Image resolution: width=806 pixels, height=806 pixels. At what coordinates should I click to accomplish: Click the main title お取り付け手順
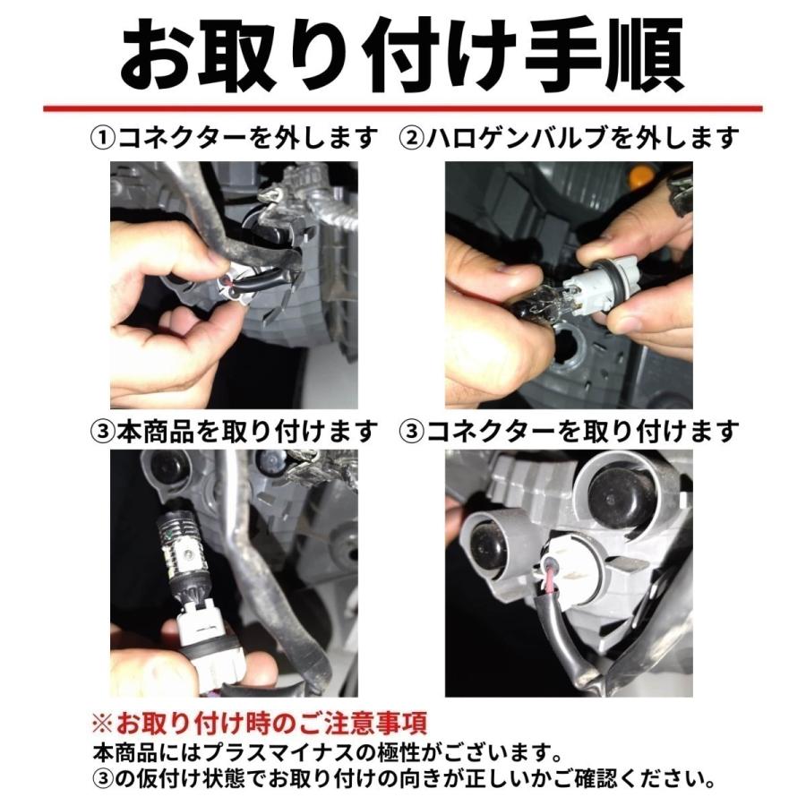pyautogui.click(x=403, y=56)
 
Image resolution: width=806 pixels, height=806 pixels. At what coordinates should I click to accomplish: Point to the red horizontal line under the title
pyautogui.click(x=403, y=109)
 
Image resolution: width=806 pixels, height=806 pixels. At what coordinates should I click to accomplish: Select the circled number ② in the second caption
pyautogui.click(x=413, y=139)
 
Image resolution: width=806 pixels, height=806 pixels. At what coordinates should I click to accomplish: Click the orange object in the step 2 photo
pyautogui.click(x=679, y=174)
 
